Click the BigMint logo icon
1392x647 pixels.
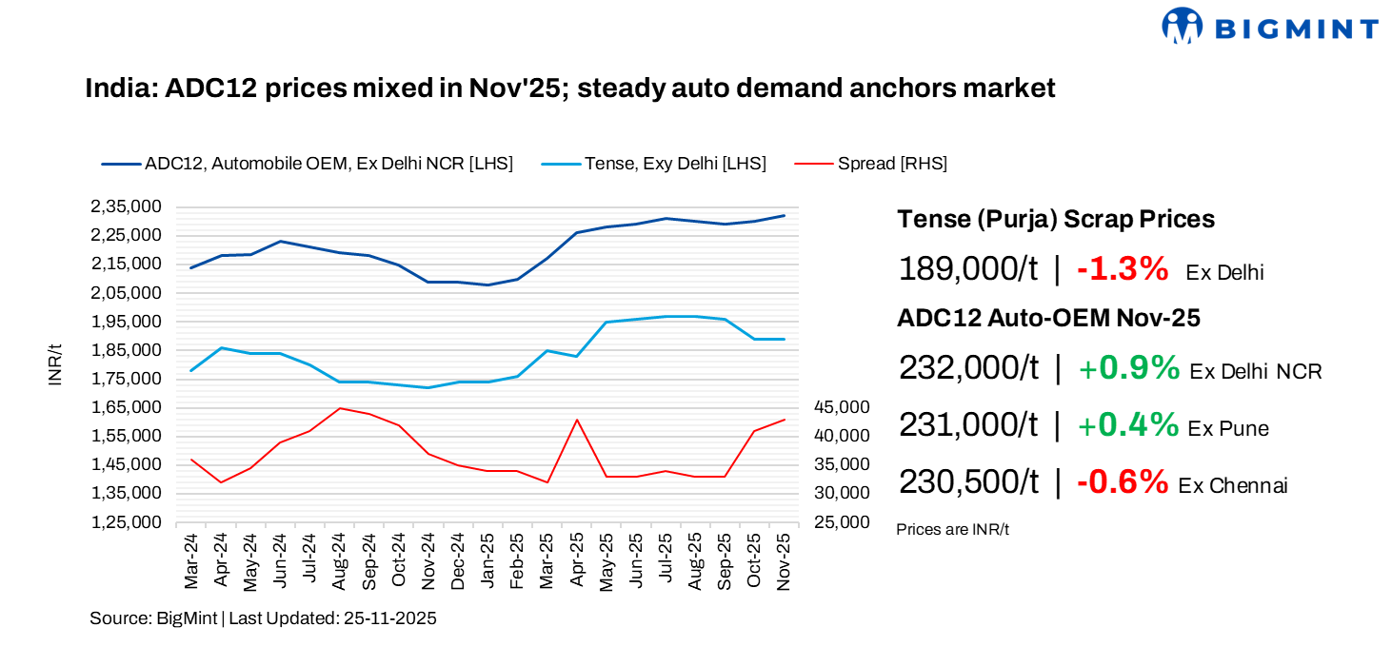click(x=1182, y=26)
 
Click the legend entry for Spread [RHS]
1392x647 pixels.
click(x=892, y=164)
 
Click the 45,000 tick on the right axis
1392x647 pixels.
click(x=843, y=407)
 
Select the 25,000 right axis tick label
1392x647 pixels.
click(x=843, y=522)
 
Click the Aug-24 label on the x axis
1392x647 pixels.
click(x=339, y=562)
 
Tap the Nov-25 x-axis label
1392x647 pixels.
click(x=785, y=562)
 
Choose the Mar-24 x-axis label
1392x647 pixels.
click(x=191, y=562)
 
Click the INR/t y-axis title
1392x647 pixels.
click(x=55, y=364)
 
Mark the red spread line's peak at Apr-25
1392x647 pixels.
click(x=576, y=420)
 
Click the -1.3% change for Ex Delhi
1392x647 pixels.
click(x=1123, y=269)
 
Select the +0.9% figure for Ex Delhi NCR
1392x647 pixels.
click(x=1129, y=368)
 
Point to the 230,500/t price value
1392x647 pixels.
click(x=968, y=482)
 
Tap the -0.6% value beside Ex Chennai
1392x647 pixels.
click(x=1123, y=482)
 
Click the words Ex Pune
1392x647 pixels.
click(x=1228, y=428)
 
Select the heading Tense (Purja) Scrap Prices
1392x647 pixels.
click(x=1056, y=219)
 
